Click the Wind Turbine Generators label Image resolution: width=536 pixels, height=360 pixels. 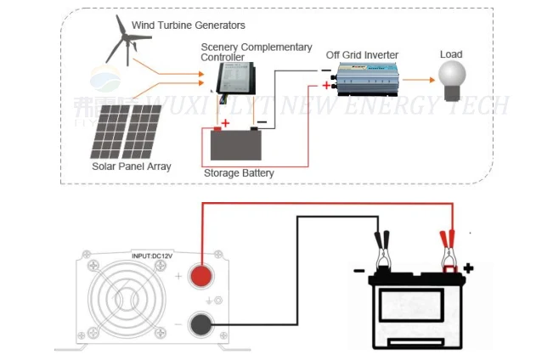189,25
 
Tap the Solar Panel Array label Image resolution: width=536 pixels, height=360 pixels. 131,167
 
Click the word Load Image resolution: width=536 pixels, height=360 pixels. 451,55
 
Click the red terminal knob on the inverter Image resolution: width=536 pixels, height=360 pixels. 201,276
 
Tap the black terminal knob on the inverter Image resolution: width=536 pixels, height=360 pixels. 201,323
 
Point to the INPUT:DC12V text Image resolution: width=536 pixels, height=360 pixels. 155,254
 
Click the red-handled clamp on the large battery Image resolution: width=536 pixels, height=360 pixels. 445,250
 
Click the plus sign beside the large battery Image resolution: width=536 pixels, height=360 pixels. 467,268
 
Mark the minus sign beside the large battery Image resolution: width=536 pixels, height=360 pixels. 358,273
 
